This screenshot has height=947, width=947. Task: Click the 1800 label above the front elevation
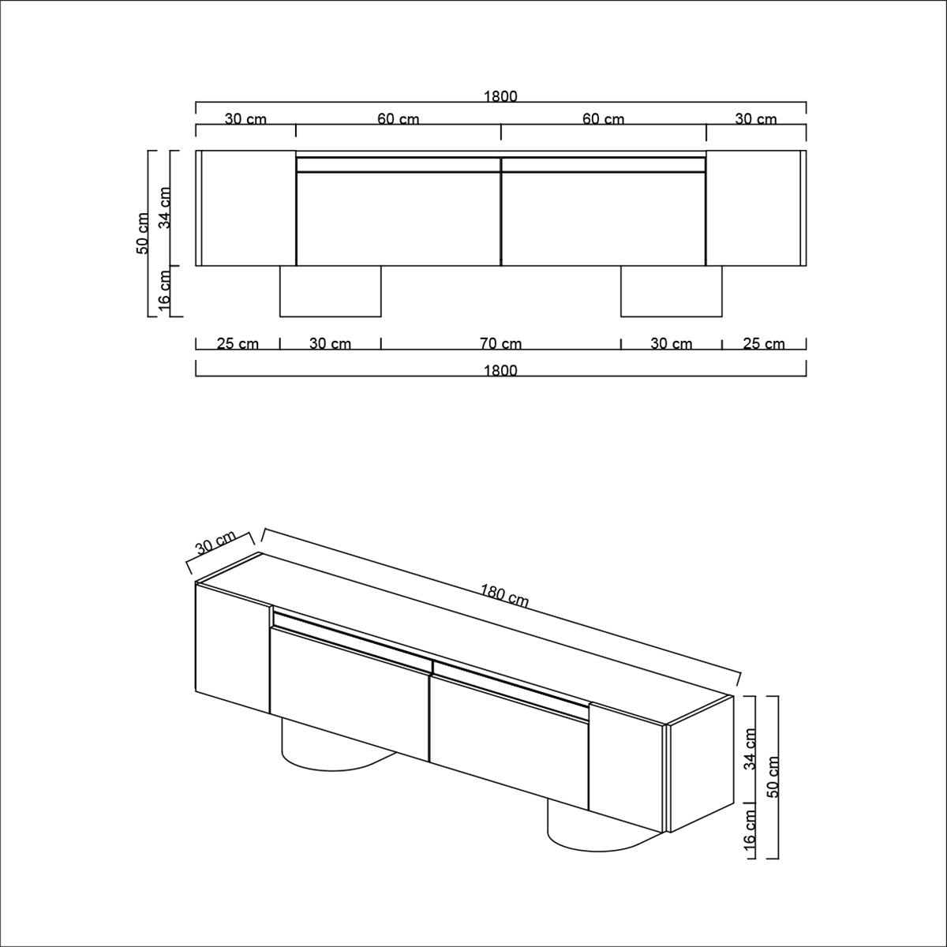click(500, 96)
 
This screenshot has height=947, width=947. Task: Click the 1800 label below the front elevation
click(500, 370)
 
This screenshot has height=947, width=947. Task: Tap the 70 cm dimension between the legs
click(500, 343)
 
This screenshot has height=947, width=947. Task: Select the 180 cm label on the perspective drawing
click(504, 595)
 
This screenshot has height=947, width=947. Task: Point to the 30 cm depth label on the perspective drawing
click(215, 545)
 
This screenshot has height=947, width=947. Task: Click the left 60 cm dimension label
click(398, 119)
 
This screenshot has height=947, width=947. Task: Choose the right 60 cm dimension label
click(603, 119)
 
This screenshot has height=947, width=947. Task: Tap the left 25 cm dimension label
click(238, 343)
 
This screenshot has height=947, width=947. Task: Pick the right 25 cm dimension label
click(763, 343)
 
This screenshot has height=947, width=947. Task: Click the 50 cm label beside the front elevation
click(143, 233)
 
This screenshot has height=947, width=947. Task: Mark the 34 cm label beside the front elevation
click(165, 208)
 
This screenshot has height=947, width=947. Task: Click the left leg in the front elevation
click(330, 291)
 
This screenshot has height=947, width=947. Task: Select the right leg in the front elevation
click(671, 291)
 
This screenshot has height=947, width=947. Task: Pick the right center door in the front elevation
click(604, 219)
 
